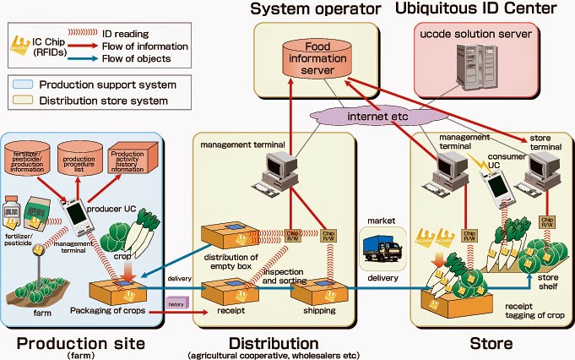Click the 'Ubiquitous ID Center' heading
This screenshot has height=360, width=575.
[483, 9]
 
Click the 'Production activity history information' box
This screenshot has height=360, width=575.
[133, 161]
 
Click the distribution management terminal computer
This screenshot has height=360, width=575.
[278, 172]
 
